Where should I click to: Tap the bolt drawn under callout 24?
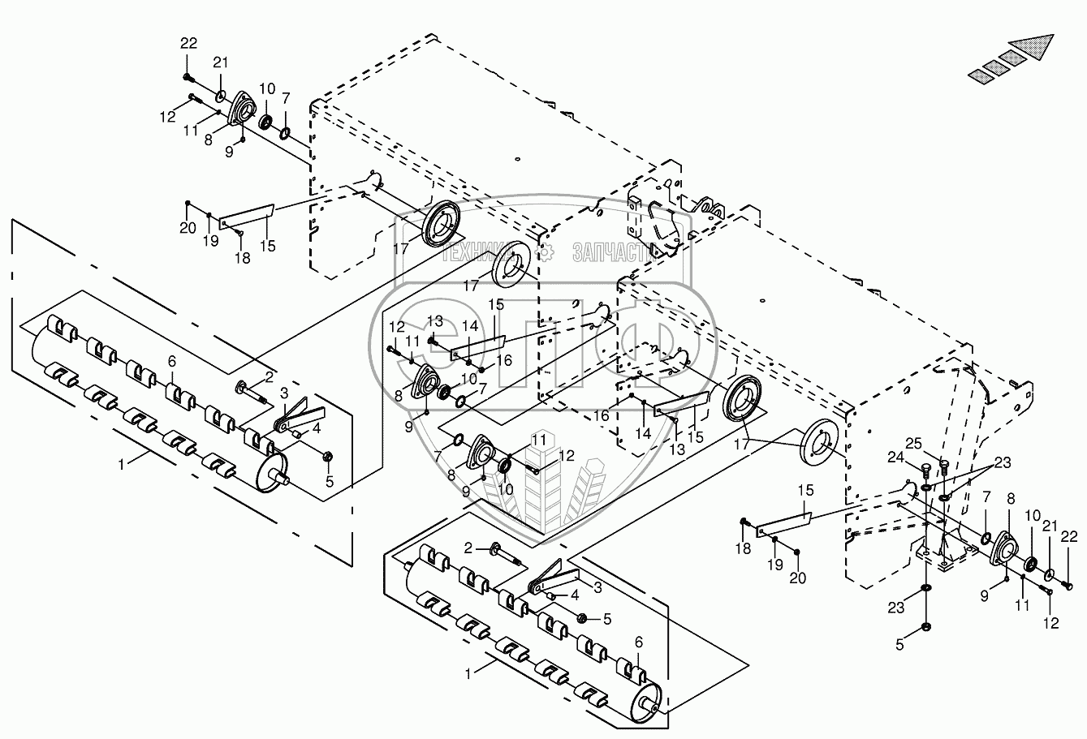(x=926, y=469)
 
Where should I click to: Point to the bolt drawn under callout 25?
(x=943, y=465)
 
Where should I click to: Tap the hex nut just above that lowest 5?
(x=926, y=627)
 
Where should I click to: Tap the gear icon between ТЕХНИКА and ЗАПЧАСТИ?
(x=548, y=251)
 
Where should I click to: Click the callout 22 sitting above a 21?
(x=188, y=42)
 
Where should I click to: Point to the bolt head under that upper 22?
(x=188, y=76)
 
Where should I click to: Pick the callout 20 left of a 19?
(x=188, y=228)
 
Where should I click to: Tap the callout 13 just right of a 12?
(x=435, y=321)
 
